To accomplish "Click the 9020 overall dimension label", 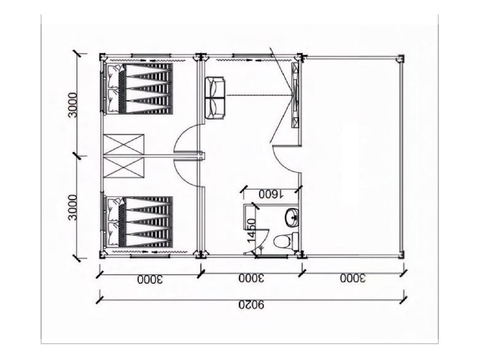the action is [251, 305].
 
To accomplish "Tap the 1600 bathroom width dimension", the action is [271, 194].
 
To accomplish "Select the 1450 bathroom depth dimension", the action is [251, 230].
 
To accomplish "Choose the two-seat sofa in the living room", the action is [215, 98].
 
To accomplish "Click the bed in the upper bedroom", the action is [139, 88].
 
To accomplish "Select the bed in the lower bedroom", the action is [139, 222].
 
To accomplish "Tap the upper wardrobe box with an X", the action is [124, 145].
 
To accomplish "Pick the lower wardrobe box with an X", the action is [124, 167].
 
